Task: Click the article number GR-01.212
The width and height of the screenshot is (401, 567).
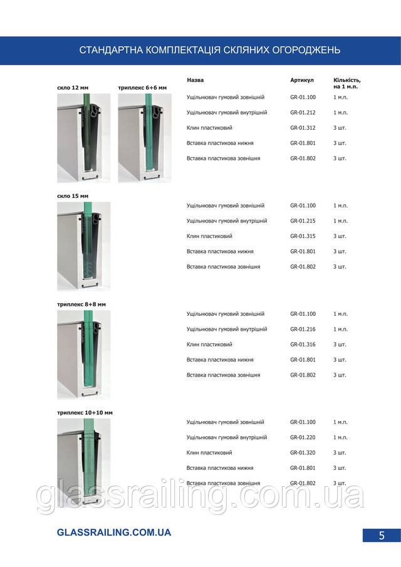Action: click(x=303, y=113)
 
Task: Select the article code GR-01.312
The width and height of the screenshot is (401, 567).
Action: click(x=303, y=128)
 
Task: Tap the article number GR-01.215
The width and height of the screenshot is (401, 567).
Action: click(x=303, y=221)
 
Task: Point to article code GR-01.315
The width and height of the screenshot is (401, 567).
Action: click(x=303, y=236)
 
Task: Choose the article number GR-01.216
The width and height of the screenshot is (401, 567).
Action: click(x=303, y=330)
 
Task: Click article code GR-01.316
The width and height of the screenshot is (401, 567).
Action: click(x=303, y=345)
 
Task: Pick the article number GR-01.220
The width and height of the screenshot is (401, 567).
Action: click(x=303, y=438)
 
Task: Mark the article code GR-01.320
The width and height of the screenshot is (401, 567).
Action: click(x=303, y=453)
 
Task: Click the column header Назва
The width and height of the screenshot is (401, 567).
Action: click(x=195, y=81)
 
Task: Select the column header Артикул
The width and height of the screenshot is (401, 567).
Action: click(x=302, y=81)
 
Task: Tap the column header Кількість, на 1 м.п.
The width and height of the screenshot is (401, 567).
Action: click(x=346, y=83)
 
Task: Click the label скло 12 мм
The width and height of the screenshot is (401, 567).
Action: click(x=73, y=88)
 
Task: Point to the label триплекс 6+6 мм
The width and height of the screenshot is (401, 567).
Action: click(x=142, y=88)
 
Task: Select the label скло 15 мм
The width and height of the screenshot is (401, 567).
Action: click(x=73, y=196)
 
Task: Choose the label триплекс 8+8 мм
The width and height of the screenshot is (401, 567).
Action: click(x=81, y=304)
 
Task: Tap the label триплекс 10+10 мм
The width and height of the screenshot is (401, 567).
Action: click(x=85, y=413)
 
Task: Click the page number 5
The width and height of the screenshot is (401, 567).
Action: click(x=381, y=535)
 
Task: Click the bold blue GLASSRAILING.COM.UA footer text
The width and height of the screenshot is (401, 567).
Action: click(x=113, y=533)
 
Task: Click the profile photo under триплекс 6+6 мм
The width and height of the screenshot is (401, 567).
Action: click(x=145, y=138)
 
